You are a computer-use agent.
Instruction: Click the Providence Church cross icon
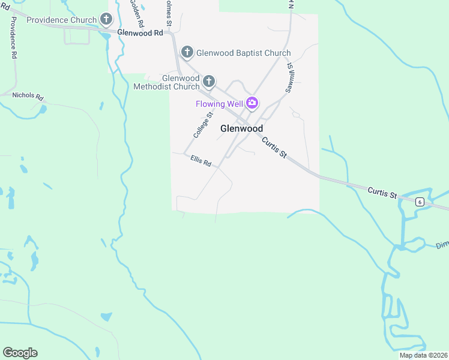point(106,20)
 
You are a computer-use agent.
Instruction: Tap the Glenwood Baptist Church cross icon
point(187,53)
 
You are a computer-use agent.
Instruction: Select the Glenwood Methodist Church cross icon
point(209,81)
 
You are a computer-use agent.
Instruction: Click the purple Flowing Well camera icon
point(252,103)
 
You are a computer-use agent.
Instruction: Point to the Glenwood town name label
point(241,128)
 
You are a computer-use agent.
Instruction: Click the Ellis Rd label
point(201,161)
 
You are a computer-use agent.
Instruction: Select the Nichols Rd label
point(28,96)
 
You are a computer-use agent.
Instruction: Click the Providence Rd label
point(12,37)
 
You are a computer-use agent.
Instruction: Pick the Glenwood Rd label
point(140,32)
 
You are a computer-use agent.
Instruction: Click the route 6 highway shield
point(420,202)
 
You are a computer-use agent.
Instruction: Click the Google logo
point(20,353)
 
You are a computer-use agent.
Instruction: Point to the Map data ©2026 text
point(423,355)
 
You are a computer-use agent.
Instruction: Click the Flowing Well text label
point(219,104)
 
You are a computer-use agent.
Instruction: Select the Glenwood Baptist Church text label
point(243,53)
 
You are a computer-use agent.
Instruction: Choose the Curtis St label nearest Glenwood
point(274,146)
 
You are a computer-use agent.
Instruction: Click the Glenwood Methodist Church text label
point(173,83)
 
